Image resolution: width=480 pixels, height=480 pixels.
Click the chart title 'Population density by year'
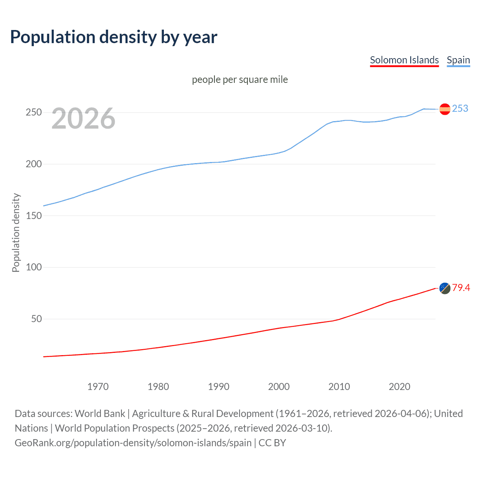pyautogui.click(x=114, y=37)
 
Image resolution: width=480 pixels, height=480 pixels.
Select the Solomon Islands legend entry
pyautogui.click(x=404, y=60)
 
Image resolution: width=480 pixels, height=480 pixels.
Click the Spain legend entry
pyautogui.click(x=458, y=60)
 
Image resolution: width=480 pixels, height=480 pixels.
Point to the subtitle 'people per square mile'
pyautogui.click(x=240, y=79)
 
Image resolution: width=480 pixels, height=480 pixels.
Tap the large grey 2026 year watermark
pyautogui.click(x=83, y=118)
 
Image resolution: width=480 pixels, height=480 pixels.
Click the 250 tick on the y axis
pyautogui.click(x=34, y=112)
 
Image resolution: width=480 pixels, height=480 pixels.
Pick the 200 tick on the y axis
pyautogui.click(x=34, y=164)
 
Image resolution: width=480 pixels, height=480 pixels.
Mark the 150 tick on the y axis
pyautogui.click(x=34, y=216)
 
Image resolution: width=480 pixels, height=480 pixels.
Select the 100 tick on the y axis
pyautogui.click(x=34, y=267)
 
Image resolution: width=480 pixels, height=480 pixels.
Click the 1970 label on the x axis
pyautogui.click(x=98, y=387)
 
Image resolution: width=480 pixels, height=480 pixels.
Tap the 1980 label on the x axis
pyautogui.click(x=158, y=387)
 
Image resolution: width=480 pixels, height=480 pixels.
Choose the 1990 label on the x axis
pyautogui.click(x=219, y=387)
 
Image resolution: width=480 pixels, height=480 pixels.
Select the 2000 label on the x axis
pyautogui.click(x=279, y=387)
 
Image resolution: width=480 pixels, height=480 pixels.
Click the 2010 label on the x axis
pyautogui.click(x=339, y=387)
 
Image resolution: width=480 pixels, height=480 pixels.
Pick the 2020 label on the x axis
pyautogui.click(x=399, y=387)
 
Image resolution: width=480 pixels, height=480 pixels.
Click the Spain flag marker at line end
pyautogui.click(x=445, y=109)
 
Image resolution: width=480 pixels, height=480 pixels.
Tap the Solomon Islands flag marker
pyautogui.click(x=445, y=288)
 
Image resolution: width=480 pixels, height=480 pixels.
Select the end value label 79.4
pyautogui.click(x=461, y=288)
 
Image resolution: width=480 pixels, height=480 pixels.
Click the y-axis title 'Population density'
pyautogui.click(x=16, y=232)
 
